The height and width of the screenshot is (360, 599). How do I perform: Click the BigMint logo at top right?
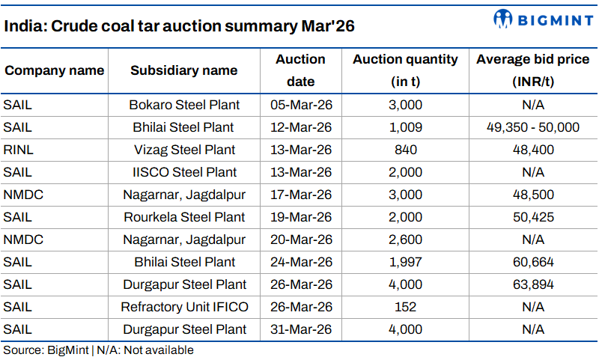click(x=543, y=19)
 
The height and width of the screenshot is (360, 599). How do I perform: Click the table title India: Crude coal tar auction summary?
click(x=179, y=26)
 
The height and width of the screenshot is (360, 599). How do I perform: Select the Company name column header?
click(x=54, y=70)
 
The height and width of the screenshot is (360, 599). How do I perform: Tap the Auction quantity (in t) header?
click(x=405, y=70)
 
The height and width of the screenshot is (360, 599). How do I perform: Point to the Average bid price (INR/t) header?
click(x=532, y=70)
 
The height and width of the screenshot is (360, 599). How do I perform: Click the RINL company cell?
click(x=19, y=150)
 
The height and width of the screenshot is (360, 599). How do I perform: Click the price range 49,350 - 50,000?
click(x=532, y=127)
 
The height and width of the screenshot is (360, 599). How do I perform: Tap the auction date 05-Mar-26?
click(x=300, y=105)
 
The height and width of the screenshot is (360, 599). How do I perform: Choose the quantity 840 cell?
click(x=405, y=150)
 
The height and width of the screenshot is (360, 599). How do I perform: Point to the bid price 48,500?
click(x=532, y=195)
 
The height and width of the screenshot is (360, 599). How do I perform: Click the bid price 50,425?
click(x=532, y=217)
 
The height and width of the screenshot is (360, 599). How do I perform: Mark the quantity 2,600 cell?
click(x=405, y=240)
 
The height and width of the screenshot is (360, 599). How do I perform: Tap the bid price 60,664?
click(x=532, y=262)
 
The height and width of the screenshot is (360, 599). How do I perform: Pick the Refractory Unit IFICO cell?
click(x=184, y=307)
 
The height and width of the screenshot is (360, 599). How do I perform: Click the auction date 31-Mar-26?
click(x=300, y=329)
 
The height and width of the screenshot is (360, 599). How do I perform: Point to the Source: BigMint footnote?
click(x=98, y=350)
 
